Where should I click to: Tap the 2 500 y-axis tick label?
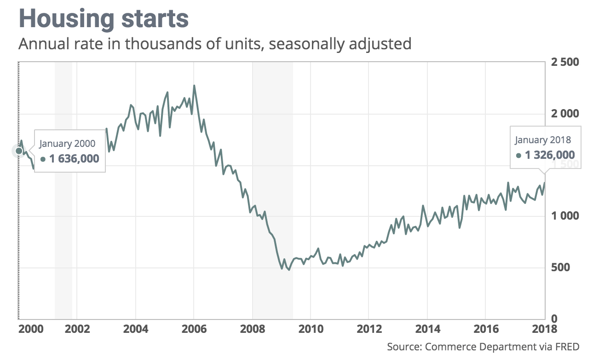[x=565, y=62]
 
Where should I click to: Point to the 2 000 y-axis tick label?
[x=565, y=114]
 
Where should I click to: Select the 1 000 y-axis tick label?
[x=565, y=216]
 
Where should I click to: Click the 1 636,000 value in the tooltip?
[x=74, y=159]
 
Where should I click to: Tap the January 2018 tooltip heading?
[x=543, y=140]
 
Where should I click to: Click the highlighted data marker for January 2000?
[x=19, y=151]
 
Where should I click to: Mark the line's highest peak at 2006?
[x=194, y=86]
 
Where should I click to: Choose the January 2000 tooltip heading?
[x=67, y=144]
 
